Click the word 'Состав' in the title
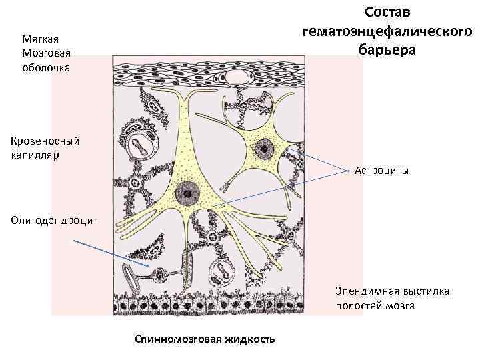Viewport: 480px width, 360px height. pos(388,13)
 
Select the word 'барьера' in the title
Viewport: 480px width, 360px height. pos(388,49)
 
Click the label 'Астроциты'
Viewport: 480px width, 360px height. pos(382,171)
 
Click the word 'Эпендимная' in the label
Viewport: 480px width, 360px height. pos(364,291)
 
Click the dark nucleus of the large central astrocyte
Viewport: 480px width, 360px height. pos(189,195)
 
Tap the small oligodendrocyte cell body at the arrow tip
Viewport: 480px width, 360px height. pos(159,274)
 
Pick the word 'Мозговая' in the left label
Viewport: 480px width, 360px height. pos(46,53)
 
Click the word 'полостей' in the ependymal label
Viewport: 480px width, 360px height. pos(357,306)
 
